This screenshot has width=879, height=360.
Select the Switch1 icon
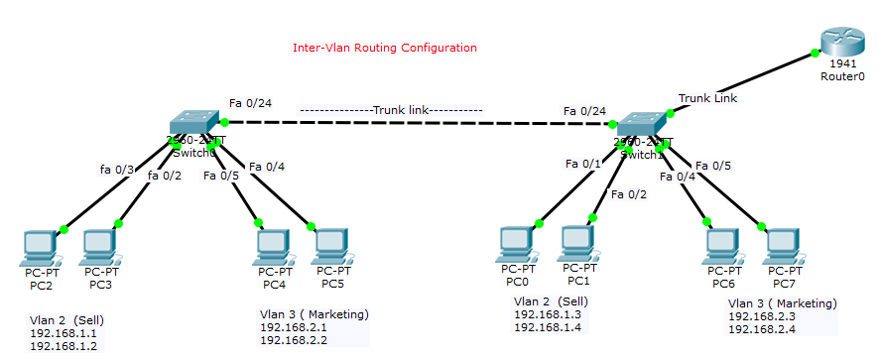point(642,126)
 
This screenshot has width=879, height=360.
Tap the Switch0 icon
point(196,122)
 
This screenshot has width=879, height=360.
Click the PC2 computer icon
point(41,247)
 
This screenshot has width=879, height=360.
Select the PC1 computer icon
point(577,243)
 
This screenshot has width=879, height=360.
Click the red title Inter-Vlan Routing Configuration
point(385,48)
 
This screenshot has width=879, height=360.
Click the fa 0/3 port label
point(117,170)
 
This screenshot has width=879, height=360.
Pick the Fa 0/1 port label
point(583,163)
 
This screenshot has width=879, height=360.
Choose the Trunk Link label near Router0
point(707,98)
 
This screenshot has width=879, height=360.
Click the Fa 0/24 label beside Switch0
point(250,102)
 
